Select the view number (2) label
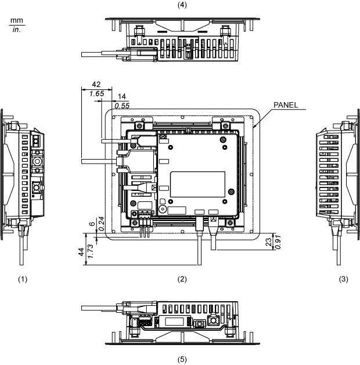click(182, 279)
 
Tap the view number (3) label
click(344, 279)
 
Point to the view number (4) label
click(182, 4)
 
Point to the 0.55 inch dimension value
click(122, 106)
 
